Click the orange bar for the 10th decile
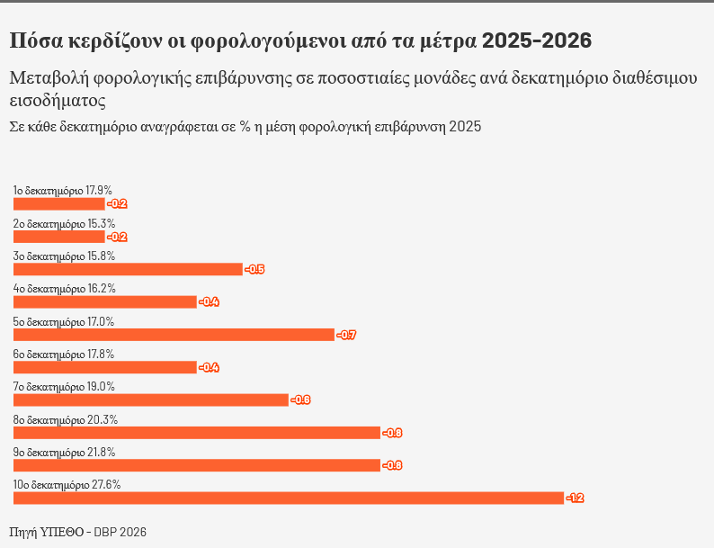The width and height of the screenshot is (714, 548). tap(288, 498)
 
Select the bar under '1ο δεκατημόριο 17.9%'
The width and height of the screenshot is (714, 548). tap(58, 203)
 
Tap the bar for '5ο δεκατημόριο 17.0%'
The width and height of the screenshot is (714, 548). tap(174, 335)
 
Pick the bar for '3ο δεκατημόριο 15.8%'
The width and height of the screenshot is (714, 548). tap(128, 269)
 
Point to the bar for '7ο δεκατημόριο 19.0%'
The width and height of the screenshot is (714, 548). tap(150, 400)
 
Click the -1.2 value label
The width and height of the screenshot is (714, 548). tap(575, 498)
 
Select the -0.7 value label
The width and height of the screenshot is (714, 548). tap(346, 335)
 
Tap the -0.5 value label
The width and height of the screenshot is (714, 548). tap(254, 269)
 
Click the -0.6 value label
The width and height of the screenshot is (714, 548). tap(300, 400)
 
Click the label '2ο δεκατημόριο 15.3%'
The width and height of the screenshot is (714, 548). tap(64, 223)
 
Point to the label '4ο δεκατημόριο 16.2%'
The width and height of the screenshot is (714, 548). tap(64, 289)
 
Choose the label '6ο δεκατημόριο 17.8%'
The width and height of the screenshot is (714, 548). tap(64, 355)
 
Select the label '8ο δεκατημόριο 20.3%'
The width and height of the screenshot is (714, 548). tap(65, 419)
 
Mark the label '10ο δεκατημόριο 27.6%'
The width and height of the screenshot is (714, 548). tap(67, 484)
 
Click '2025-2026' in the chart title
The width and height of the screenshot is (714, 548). tap(537, 40)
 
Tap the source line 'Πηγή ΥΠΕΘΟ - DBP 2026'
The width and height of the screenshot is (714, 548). tap(77, 532)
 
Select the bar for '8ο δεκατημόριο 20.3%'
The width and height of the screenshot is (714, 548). tap(196, 433)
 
